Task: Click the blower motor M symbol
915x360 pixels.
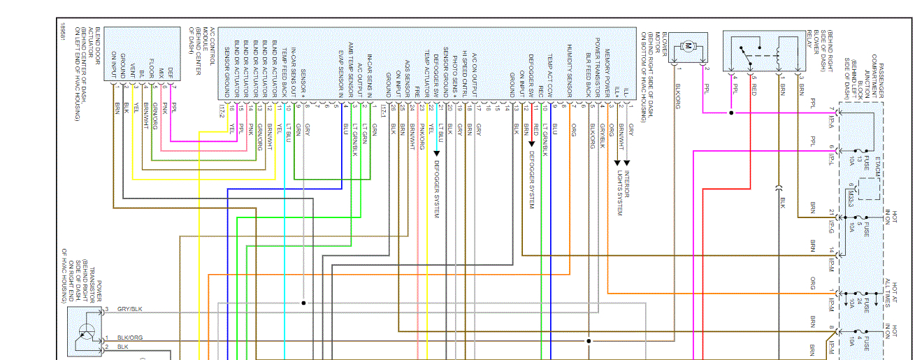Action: point(689,46)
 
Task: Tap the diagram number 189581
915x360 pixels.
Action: point(62,35)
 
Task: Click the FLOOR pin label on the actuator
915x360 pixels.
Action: point(152,74)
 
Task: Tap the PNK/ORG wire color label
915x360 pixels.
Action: point(422,140)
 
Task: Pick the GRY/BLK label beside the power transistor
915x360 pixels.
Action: point(130,309)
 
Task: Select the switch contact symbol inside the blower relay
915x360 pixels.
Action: point(751,52)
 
